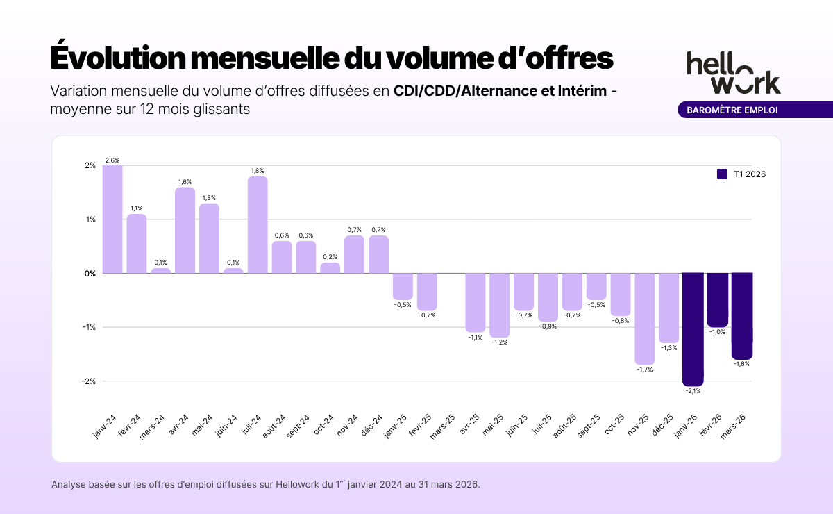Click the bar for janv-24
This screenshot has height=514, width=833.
pos(112,219)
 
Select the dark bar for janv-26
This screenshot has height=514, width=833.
pos(693,329)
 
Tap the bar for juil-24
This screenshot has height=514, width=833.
pos(258,224)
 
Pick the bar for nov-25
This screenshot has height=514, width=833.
pos(644,318)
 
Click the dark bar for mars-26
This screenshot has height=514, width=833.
pos(741,315)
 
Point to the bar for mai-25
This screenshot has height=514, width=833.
pos(499,305)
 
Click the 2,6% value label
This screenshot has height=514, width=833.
pos(112,160)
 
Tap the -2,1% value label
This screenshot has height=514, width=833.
pos(693,391)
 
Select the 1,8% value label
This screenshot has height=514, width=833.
pos(258,171)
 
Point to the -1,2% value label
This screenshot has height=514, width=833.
pos(499,342)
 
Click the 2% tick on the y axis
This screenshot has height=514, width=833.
pos(90,165)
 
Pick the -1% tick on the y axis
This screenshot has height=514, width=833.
pos(90,327)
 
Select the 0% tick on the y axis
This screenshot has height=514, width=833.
pos(90,273)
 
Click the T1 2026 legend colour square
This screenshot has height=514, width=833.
pos(722,174)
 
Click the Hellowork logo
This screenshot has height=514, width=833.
pos(733,72)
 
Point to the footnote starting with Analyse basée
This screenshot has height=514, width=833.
pos(265,484)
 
